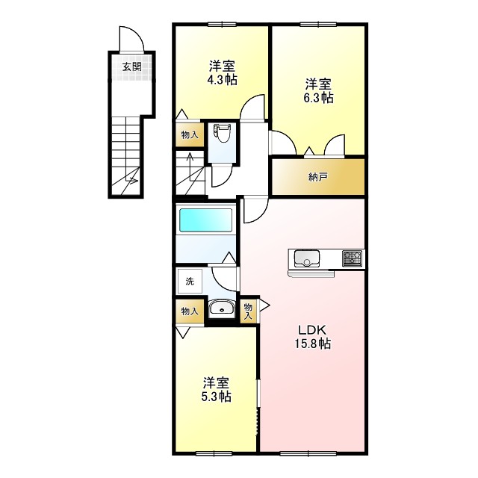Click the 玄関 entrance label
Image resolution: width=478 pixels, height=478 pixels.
132,67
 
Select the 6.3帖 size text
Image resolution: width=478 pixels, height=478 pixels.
318,97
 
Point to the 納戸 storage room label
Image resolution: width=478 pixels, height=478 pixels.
317,177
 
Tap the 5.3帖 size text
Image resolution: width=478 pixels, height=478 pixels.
216,397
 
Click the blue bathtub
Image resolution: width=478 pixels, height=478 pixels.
205,222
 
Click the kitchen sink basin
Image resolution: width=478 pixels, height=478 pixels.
306,259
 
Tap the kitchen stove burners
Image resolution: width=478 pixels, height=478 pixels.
352,259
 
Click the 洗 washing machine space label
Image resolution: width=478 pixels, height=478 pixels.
190,282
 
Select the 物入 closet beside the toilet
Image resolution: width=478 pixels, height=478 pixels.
190,135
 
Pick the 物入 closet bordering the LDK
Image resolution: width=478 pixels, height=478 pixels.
248,309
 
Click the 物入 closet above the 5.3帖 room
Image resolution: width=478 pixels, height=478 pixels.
190,311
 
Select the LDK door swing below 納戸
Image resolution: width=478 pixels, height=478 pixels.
252,210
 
